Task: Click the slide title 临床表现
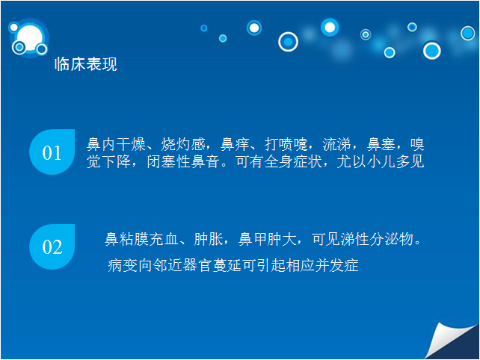click(x=86, y=64)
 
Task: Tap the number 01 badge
click(x=52, y=152)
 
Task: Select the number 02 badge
click(x=52, y=246)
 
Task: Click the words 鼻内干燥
click(x=116, y=144)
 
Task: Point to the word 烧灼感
click(x=183, y=144)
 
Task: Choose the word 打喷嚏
click(x=286, y=144)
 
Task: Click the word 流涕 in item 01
click(x=336, y=144)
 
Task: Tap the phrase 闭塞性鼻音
click(x=183, y=161)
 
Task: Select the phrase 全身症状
click(x=293, y=161)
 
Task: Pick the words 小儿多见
click(x=396, y=161)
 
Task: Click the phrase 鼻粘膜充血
click(x=141, y=239)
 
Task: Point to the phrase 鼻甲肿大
click(x=268, y=239)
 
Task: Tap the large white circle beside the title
click(x=30, y=38)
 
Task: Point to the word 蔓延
click(x=227, y=265)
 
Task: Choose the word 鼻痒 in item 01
click(x=235, y=144)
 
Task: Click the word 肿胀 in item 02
click(x=208, y=239)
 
